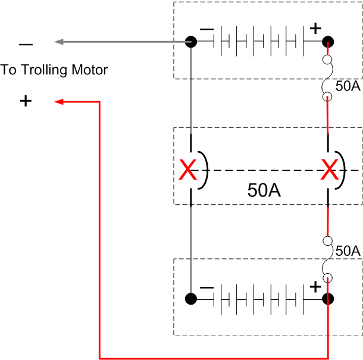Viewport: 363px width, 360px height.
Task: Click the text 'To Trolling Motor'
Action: [54, 70]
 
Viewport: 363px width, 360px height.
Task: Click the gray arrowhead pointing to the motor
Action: [59, 42]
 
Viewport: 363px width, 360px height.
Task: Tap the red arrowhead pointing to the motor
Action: [60, 102]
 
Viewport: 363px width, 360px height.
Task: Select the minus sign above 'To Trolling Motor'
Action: [26, 45]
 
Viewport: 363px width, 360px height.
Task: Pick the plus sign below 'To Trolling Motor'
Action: [26, 101]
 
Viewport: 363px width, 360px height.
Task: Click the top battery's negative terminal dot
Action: [191, 42]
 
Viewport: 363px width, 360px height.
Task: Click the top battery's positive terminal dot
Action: [327, 42]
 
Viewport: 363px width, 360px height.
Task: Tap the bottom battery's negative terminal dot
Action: [191, 298]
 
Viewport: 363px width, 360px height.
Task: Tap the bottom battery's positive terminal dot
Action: [327, 298]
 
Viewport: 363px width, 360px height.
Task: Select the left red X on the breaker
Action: [188, 171]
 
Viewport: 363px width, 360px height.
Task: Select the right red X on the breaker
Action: [328, 171]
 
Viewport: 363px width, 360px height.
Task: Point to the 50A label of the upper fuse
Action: [348, 86]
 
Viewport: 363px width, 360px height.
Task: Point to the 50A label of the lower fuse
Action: [348, 251]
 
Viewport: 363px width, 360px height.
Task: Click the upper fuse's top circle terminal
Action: [327, 60]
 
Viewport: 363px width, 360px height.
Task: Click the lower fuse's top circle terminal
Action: [327, 241]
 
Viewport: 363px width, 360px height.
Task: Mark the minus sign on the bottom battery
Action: [207, 287]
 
